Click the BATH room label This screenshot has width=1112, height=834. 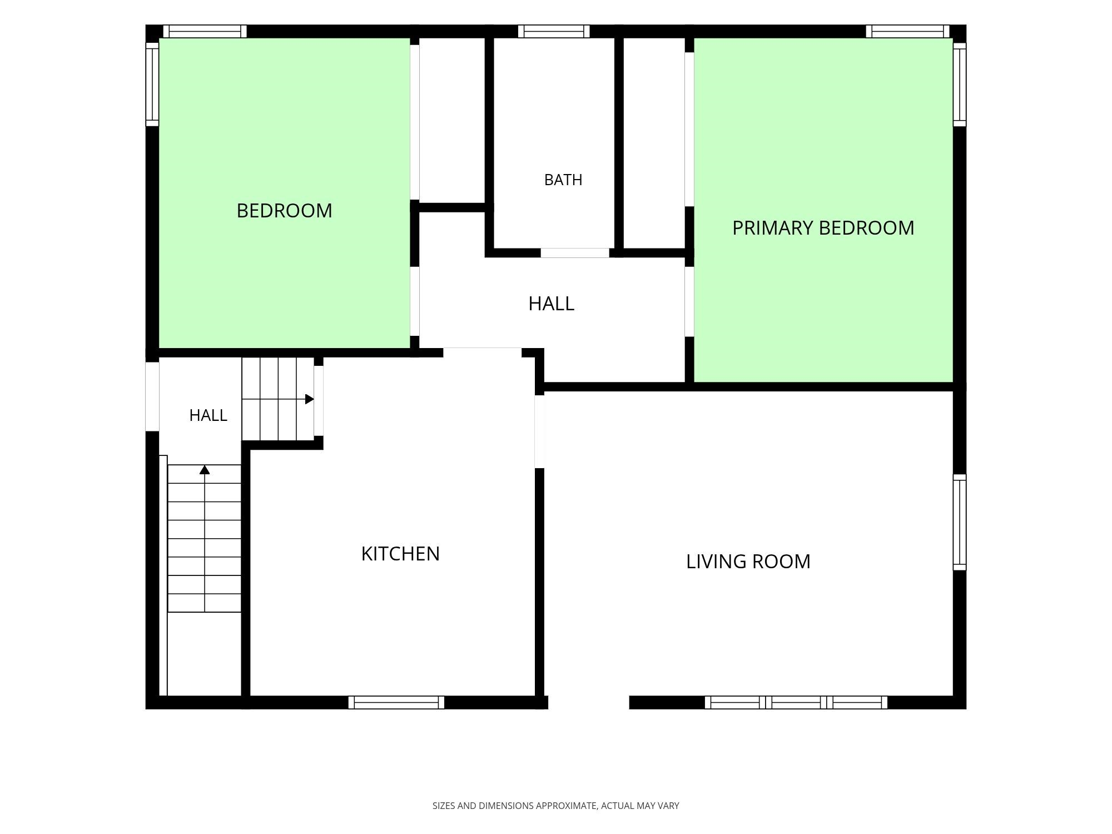tap(563, 180)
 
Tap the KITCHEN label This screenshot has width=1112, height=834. tap(400, 554)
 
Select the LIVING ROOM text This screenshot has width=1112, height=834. tap(748, 562)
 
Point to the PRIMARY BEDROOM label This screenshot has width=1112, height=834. tap(823, 228)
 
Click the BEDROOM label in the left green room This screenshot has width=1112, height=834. tap(284, 211)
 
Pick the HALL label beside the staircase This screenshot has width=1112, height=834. tap(208, 415)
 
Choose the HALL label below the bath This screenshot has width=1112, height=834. tap(551, 304)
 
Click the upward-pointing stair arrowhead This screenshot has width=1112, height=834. tap(205, 470)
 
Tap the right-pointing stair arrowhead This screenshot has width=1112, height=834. tap(310, 399)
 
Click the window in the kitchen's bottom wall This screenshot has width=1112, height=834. tap(396, 702)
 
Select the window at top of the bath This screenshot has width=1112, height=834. tap(554, 31)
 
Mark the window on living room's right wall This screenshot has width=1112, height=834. tap(960, 522)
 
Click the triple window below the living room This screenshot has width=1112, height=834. tap(796, 702)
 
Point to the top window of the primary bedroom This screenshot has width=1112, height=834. tap(907, 31)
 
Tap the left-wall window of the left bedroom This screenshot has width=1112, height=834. tap(152, 85)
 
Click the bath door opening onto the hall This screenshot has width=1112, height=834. tap(575, 253)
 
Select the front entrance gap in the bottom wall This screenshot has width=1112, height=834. tap(589, 702)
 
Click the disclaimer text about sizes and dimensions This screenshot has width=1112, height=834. tap(556, 806)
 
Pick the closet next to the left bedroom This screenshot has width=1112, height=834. tap(452, 120)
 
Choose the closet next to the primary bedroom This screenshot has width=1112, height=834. tap(654, 143)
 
